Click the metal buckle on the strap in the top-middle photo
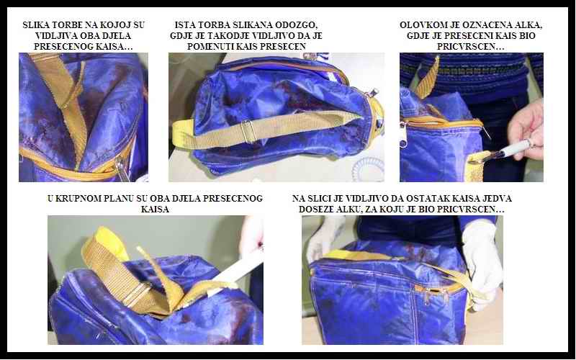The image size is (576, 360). point(248,131)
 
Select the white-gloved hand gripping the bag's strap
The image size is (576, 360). point(482,263)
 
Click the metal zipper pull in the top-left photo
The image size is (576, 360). point(122,168)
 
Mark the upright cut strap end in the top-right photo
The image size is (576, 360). point(427,78)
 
